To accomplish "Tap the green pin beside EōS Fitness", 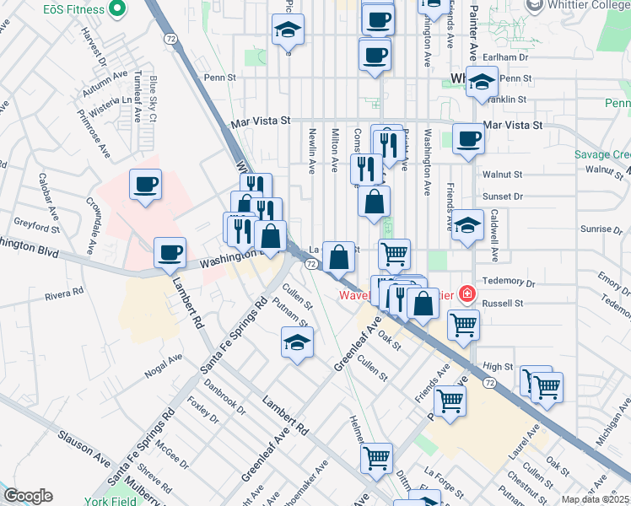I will (x=116, y=10).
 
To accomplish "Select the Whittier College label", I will (x=585, y=6).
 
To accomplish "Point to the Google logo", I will (x=27, y=496).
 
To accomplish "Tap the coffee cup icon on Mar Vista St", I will (x=468, y=138).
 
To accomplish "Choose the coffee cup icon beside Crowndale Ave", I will (x=145, y=184).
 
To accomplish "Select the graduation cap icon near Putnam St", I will (x=296, y=342).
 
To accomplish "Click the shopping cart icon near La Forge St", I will (x=376, y=458).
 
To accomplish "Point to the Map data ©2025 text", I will (x=596, y=500).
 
